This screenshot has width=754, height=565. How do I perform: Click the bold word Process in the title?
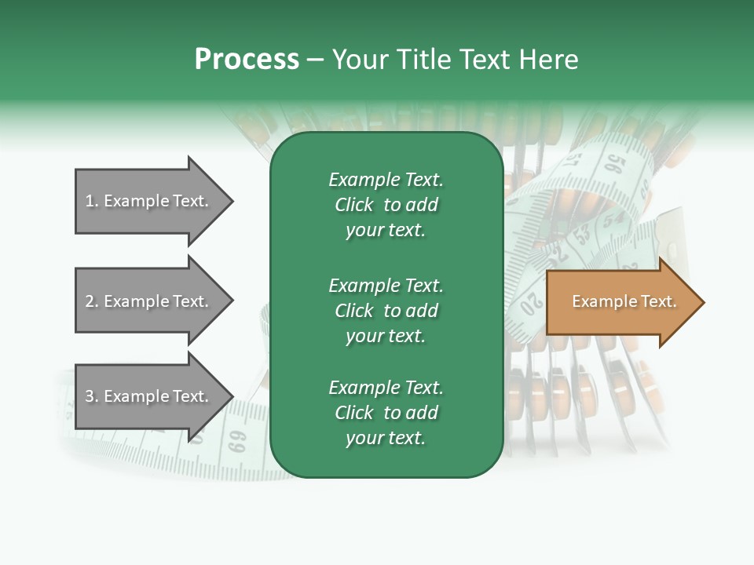pyautogui.click(x=247, y=60)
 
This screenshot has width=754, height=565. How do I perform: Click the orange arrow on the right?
pyautogui.click(x=620, y=302)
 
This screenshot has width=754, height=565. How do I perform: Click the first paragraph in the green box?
pyautogui.click(x=386, y=205)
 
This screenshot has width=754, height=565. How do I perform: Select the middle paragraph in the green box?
pyautogui.click(x=386, y=310)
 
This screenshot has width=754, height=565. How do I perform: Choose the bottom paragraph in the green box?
pyautogui.click(x=386, y=413)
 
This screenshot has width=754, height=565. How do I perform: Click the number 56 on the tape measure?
pyautogui.click(x=615, y=165)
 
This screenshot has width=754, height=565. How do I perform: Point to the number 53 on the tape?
pyautogui.click(x=582, y=234)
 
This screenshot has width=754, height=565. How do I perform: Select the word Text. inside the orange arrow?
pyautogui.click(x=657, y=301)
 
